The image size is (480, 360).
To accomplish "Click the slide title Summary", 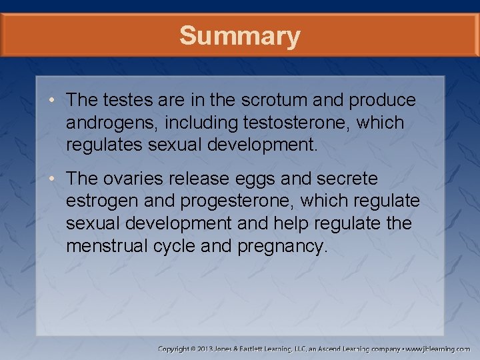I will (x=239, y=36).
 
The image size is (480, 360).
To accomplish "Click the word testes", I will (x=133, y=100).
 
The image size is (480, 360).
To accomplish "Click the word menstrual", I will (x=105, y=246).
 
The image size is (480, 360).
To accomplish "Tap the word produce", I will (x=385, y=101).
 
